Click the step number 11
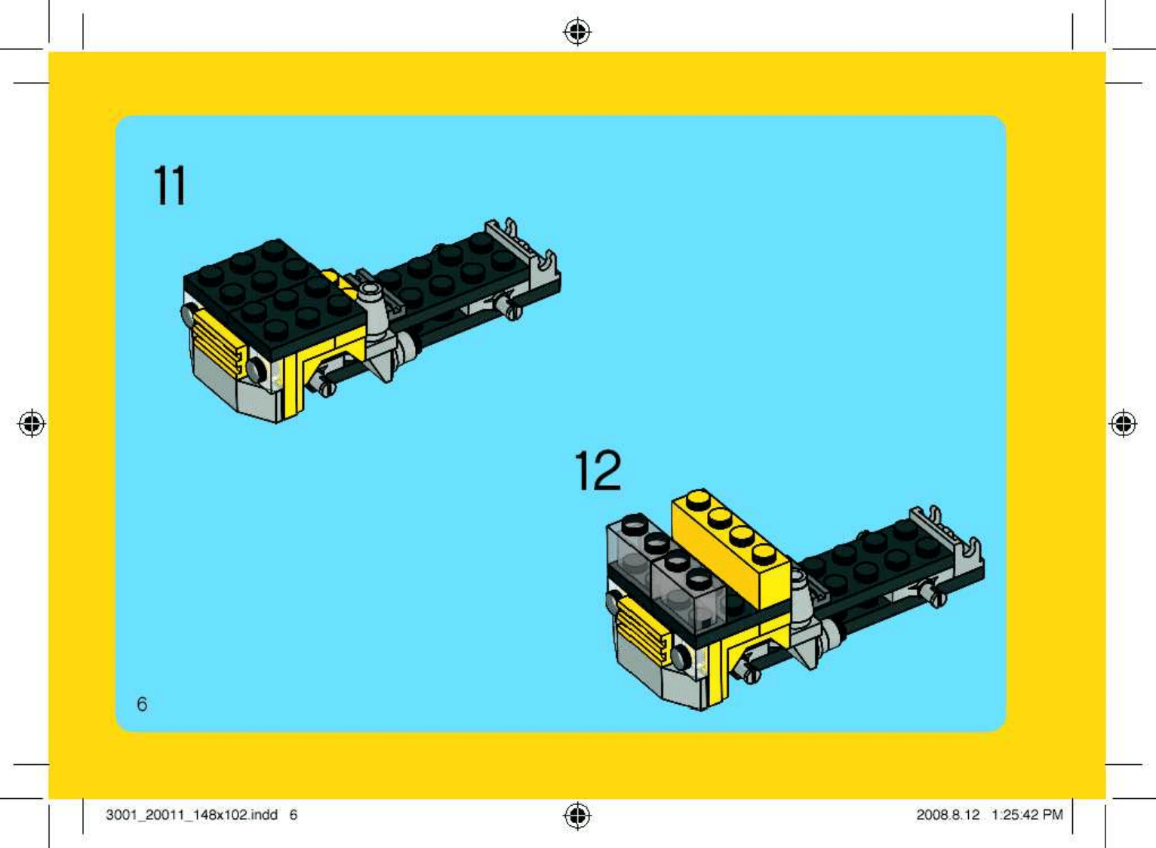[169, 186]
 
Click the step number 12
[598, 470]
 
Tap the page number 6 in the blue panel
[142, 704]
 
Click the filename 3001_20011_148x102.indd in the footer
[192, 815]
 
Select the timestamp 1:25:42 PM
[1027, 815]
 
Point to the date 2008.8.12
[948, 815]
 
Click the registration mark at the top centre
[577, 32]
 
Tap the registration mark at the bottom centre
[577, 816]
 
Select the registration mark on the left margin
[32, 424]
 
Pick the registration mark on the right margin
[1124, 424]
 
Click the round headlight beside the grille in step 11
[257, 369]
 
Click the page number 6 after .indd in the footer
[293, 815]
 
